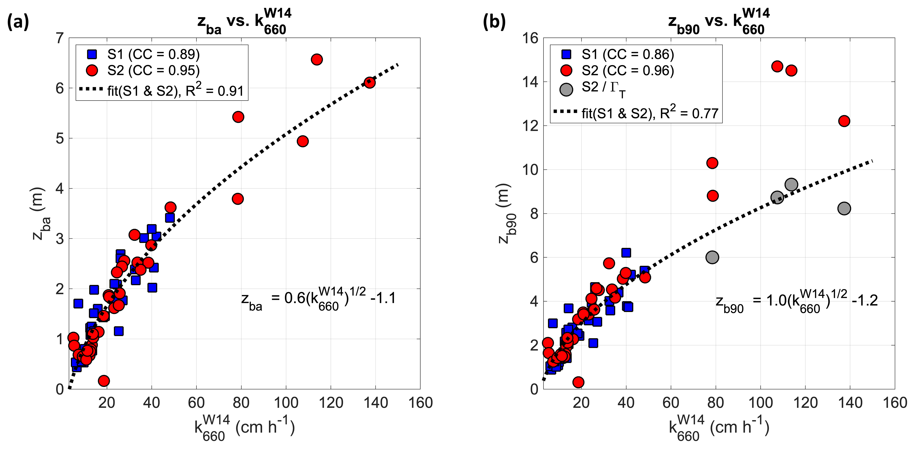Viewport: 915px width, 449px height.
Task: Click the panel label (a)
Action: pos(18,22)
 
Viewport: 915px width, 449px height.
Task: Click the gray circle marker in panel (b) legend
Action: pos(566,89)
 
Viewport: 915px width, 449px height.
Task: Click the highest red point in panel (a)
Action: pos(316,59)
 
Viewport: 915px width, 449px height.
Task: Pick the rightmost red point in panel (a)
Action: pos(369,82)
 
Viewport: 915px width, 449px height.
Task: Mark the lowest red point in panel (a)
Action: pos(104,381)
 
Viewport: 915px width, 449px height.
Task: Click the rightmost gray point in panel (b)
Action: pos(844,208)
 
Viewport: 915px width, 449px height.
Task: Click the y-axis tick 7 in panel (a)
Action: pos(60,38)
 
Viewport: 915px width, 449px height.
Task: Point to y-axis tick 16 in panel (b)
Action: pos(530,38)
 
